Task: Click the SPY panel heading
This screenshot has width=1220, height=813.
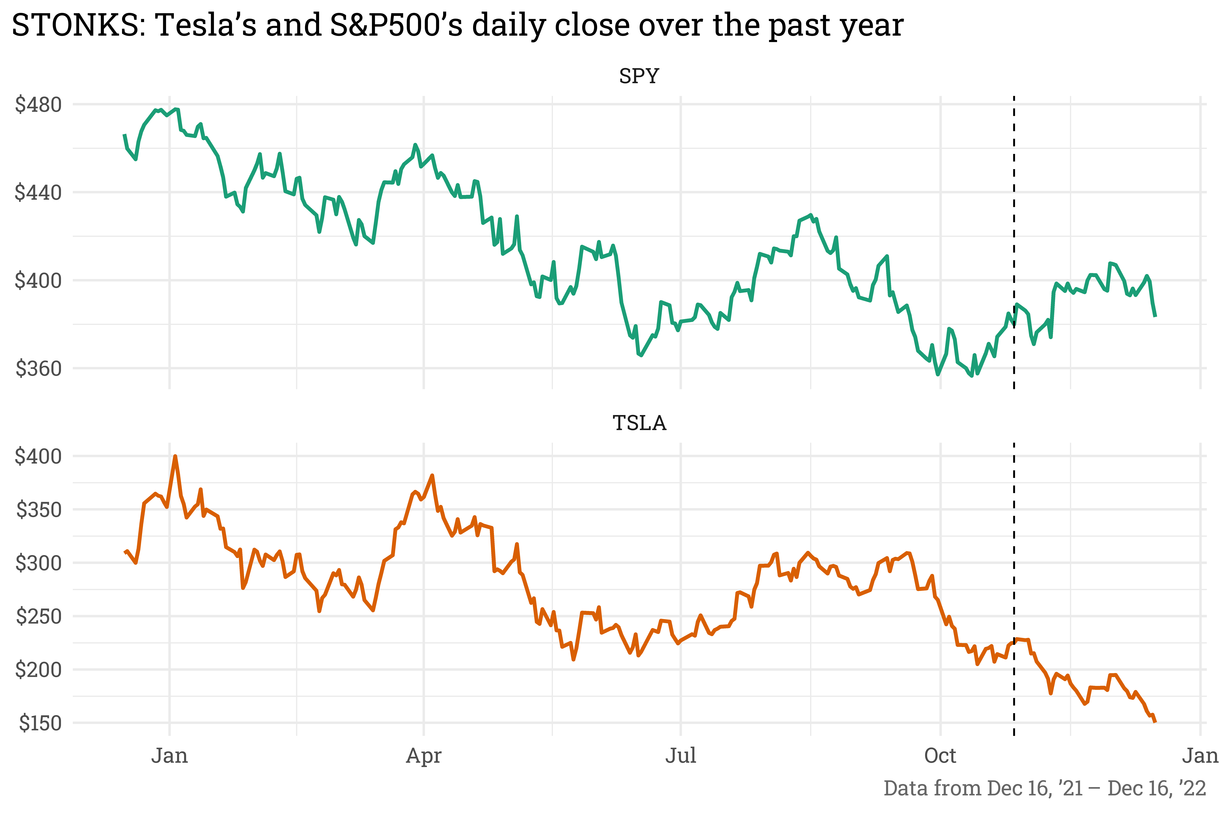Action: (639, 76)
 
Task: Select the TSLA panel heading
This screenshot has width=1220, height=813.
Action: (639, 423)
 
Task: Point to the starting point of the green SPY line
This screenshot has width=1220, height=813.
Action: (124, 135)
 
